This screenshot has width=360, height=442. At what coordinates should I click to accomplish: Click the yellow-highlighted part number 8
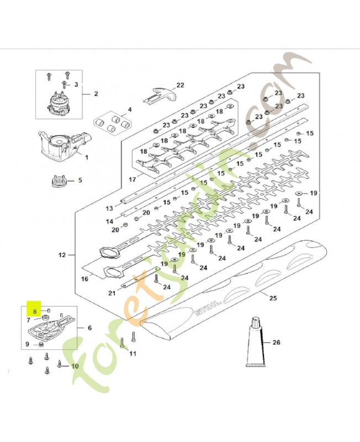pos(34,312)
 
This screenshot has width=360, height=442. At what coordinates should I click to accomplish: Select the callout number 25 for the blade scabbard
pos(273,298)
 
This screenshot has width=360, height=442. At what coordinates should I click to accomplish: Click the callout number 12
pos(62,255)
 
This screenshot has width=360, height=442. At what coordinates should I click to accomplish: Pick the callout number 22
pos(180,85)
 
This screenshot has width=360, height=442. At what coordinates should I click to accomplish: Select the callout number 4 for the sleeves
pos(130,109)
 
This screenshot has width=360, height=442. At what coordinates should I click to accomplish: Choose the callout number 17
pos(133,179)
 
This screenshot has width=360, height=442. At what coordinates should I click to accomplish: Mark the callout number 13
pos(109,209)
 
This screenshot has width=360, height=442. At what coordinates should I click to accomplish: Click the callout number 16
pos(84,279)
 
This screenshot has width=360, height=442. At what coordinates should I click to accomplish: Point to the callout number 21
pos(112,293)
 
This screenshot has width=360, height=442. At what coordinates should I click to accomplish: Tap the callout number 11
pos(133,353)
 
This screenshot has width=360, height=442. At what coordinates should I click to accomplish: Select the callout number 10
pos(75,366)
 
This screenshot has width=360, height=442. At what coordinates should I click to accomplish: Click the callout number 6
pos(89,328)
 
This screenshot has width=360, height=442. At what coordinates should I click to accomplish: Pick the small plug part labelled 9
pos(41,344)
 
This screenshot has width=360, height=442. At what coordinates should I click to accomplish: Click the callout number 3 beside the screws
pos(76,85)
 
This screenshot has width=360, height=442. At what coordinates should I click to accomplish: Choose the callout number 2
pos(96,93)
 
